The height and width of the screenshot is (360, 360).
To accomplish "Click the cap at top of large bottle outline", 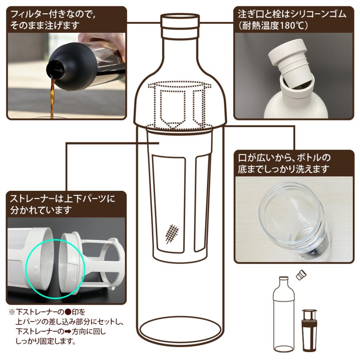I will pos(180,22).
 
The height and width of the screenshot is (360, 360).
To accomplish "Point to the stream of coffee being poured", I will pos(52,96).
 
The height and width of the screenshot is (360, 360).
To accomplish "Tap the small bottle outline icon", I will pos(283,312).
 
